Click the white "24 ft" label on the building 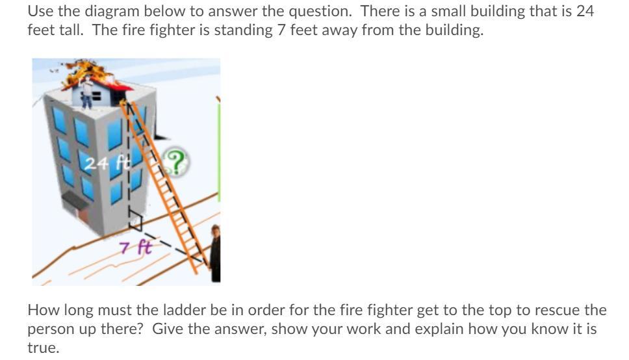[x=108, y=163]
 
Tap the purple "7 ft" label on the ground [x=136, y=247]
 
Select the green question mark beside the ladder [x=175, y=162]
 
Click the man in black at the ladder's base [x=216, y=253]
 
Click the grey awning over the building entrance [x=75, y=200]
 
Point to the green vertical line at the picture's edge [x=219, y=153]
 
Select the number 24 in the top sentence [x=585, y=11]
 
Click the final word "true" [x=44, y=348]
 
